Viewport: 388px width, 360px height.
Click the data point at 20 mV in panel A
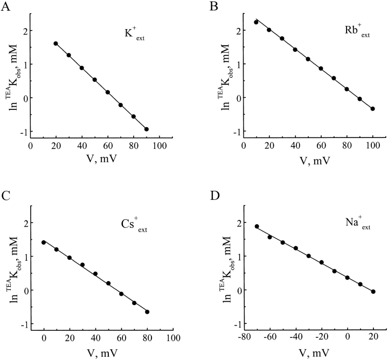56,44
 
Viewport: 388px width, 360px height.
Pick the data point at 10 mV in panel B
257,22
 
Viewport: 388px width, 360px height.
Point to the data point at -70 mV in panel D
257,226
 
